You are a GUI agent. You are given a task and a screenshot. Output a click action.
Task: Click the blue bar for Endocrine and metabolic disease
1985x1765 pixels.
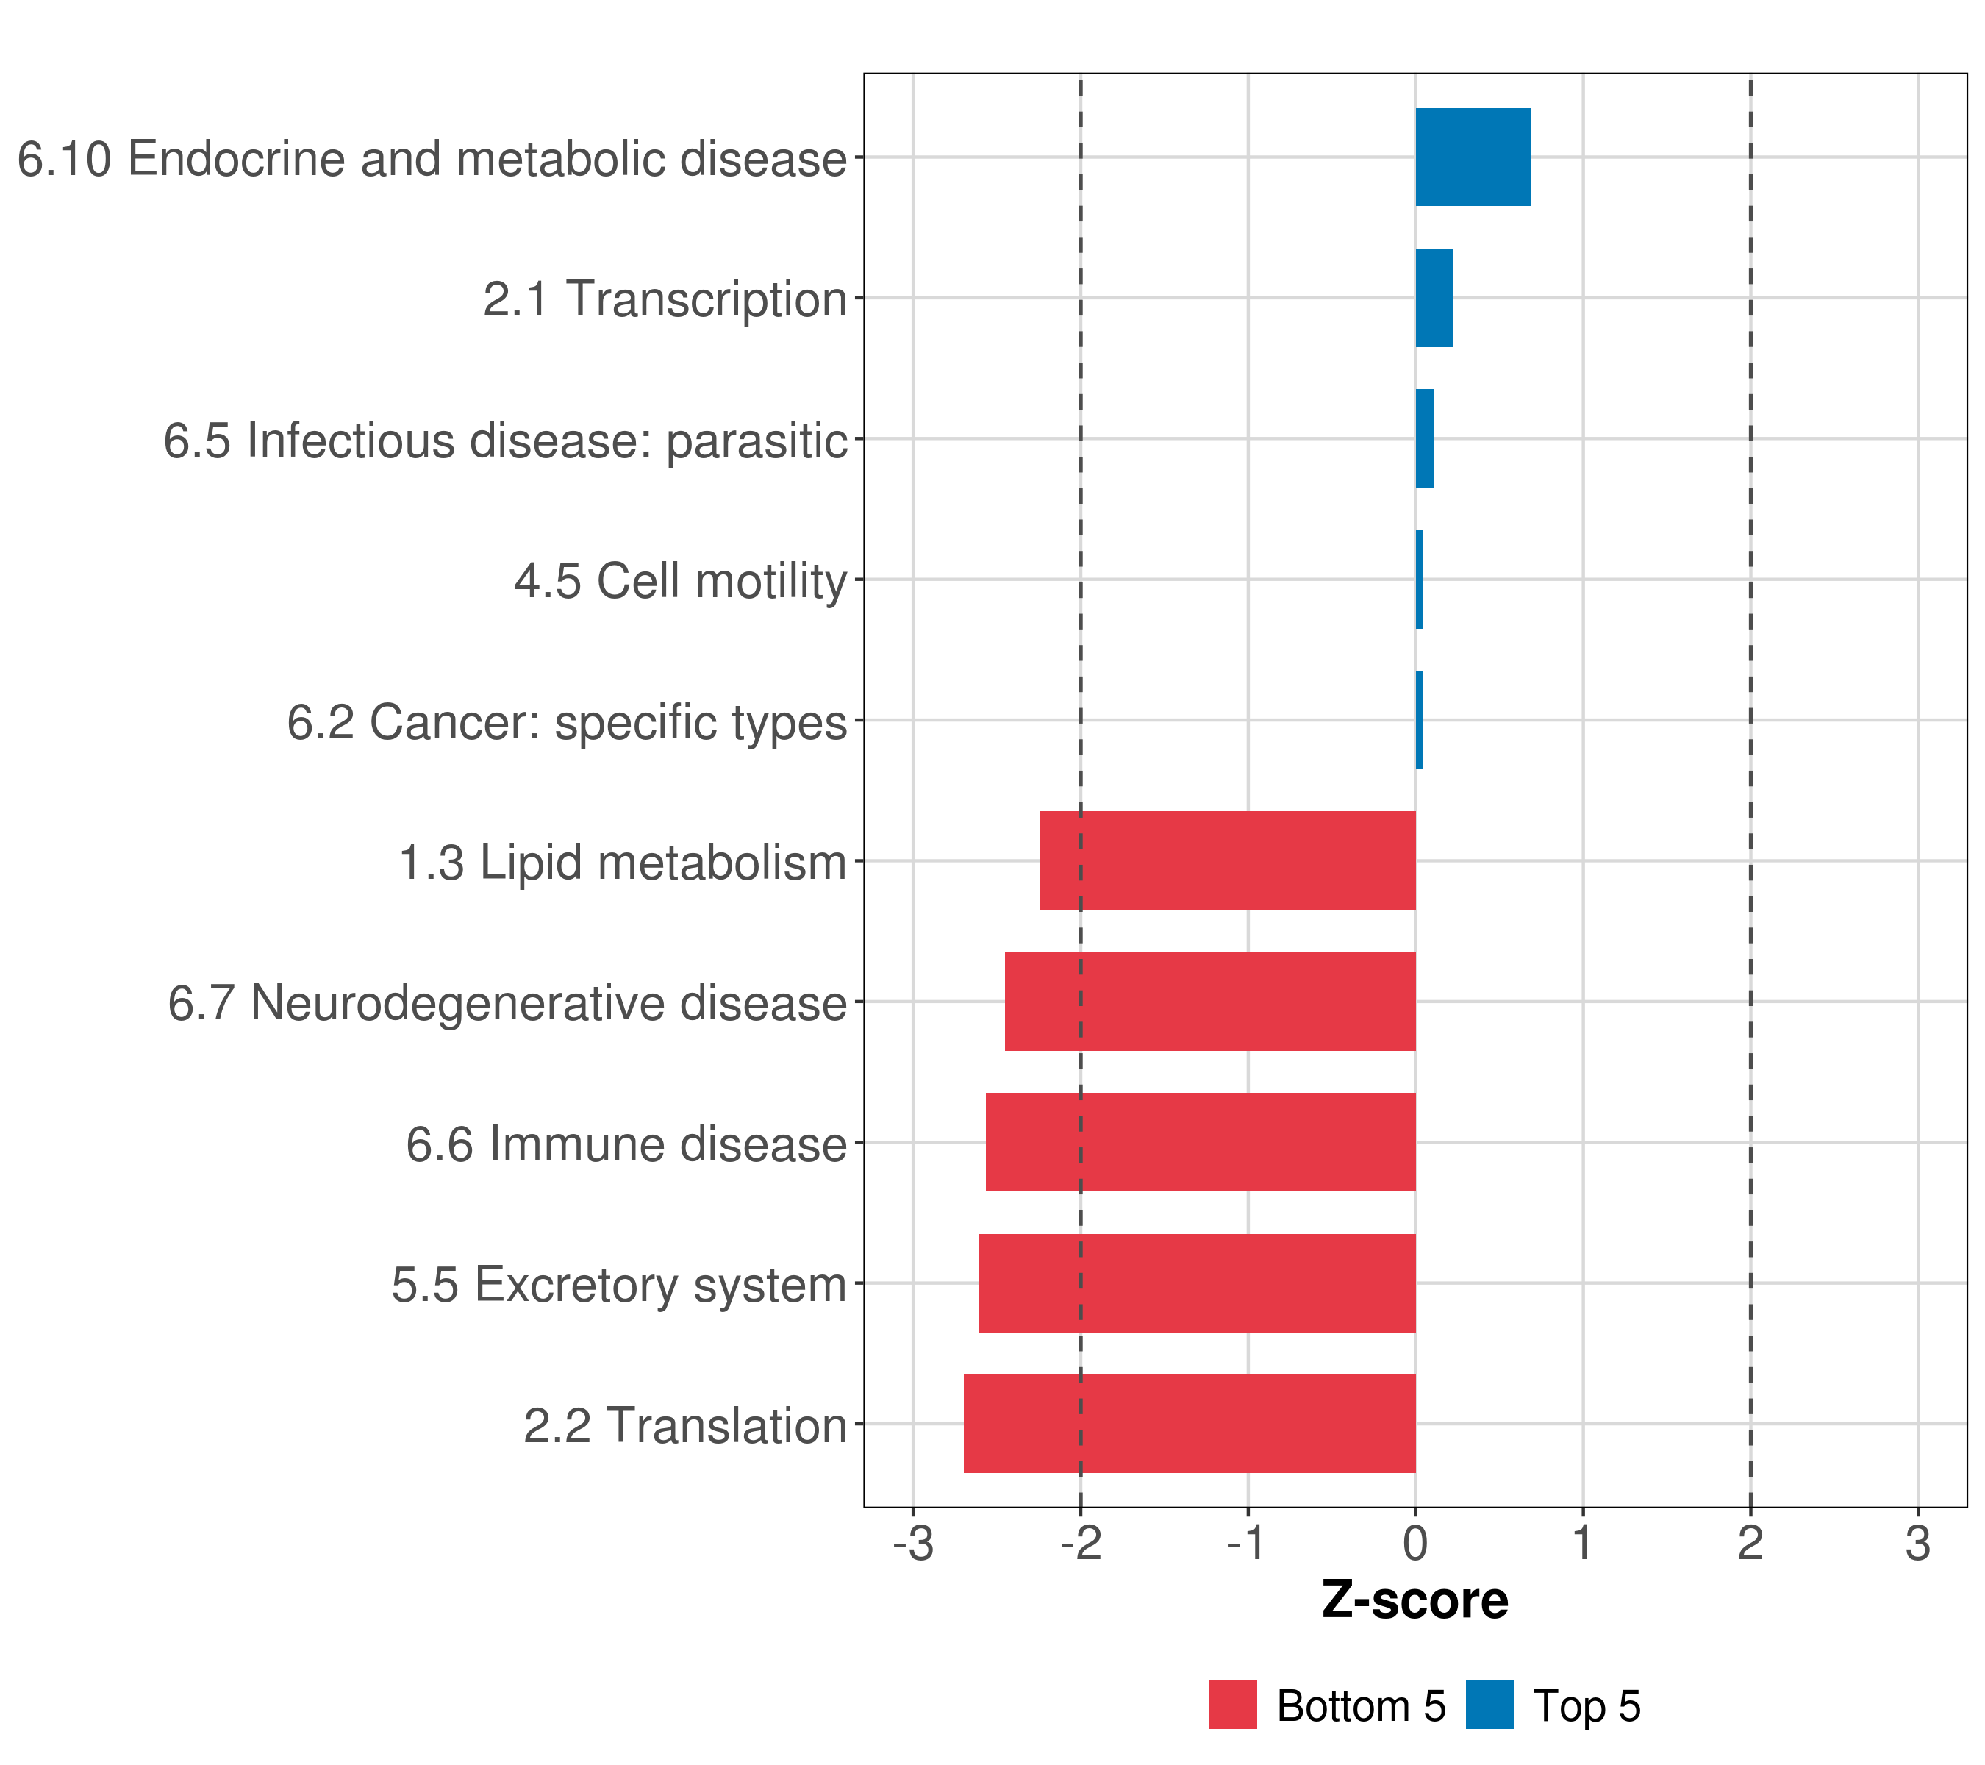click(x=1473, y=157)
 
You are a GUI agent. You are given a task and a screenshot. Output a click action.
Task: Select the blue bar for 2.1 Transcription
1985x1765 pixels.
click(x=1434, y=299)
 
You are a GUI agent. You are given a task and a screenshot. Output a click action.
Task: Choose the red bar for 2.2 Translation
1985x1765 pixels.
click(x=1189, y=1424)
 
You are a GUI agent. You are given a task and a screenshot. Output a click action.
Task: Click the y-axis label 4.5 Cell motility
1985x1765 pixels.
click(x=681, y=581)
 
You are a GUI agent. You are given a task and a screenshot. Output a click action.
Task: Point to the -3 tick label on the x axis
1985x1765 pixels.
click(x=913, y=1544)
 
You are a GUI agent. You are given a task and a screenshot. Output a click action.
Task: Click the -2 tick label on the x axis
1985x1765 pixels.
click(x=1080, y=1544)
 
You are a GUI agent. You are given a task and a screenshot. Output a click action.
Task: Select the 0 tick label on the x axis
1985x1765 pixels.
click(x=1415, y=1544)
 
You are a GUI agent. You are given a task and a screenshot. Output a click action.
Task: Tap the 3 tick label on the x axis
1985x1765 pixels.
click(x=1917, y=1544)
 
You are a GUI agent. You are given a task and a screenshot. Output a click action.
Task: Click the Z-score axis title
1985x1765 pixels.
click(x=1415, y=1601)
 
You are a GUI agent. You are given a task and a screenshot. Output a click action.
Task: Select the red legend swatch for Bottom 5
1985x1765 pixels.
click(x=1232, y=1705)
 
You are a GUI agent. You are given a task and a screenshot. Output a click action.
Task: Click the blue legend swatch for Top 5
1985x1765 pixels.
click(x=1489, y=1705)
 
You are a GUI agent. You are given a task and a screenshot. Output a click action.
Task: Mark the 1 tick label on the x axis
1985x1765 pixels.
click(x=1583, y=1544)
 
